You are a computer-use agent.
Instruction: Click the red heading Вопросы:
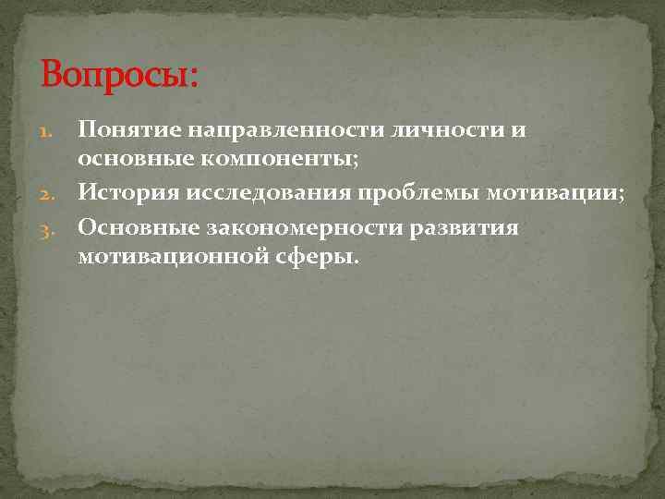(x=119, y=74)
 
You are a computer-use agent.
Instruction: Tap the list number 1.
(x=52, y=131)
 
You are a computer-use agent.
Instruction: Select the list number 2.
(x=52, y=194)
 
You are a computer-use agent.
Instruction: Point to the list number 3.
(x=52, y=226)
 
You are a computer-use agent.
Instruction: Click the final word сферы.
(x=316, y=257)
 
